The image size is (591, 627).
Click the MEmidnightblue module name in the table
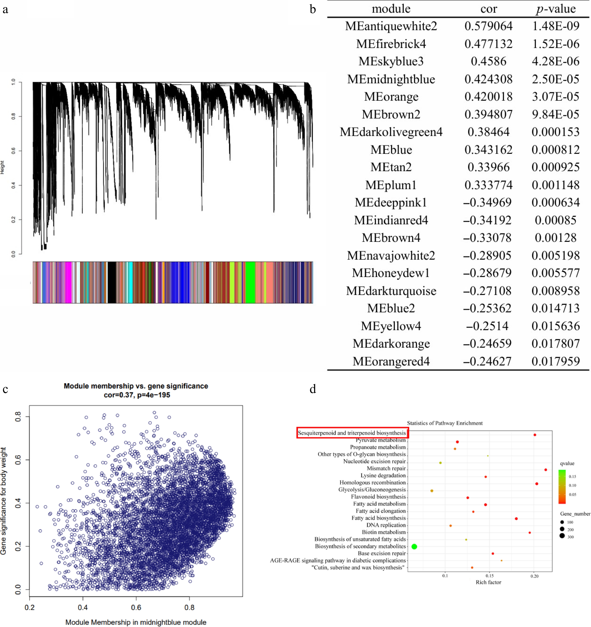pyautogui.click(x=391, y=79)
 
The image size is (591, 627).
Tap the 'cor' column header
pyautogui.click(x=488, y=9)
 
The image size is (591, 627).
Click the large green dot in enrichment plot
pyautogui.click(x=414, y=547)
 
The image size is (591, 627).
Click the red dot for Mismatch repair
pyautogui.click(x=546, y=470)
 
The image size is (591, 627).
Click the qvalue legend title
pyautogui.click(x=567, y=463)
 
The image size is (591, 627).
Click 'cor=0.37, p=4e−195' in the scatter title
pyautogui.click(x=137, y=395)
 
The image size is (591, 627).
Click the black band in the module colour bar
pyautogui.click(x=112, y=282)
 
